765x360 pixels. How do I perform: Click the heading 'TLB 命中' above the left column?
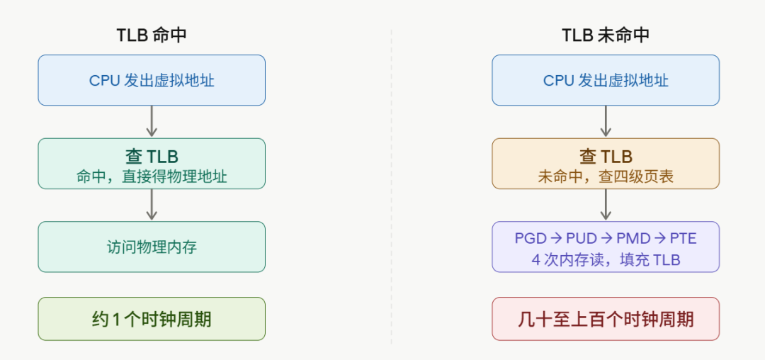point(152,35)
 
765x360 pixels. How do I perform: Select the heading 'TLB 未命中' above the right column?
point(606,35)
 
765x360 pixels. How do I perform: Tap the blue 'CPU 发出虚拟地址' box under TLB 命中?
point(152,80)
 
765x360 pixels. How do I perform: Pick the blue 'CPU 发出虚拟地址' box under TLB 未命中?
point(606,80)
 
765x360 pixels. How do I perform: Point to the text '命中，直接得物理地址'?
point(152,176)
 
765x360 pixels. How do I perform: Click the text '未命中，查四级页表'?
point(606,176)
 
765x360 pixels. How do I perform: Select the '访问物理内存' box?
point(152,247)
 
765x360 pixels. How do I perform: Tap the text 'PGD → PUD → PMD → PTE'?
point(606,238)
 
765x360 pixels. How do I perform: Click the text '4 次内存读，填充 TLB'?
point(606,259)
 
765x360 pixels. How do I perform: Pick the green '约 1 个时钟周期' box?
point(152,319)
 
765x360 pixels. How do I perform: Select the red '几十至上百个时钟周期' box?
point(606,319)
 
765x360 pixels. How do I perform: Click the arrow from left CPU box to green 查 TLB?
point(152,121)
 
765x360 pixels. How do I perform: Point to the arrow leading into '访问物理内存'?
point(152,205)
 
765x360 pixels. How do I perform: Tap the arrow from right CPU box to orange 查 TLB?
point(606,121)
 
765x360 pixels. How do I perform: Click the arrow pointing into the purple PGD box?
point(606,205)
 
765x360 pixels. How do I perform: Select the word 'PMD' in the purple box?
point(633,238)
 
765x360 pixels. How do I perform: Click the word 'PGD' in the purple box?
point(531,238)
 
